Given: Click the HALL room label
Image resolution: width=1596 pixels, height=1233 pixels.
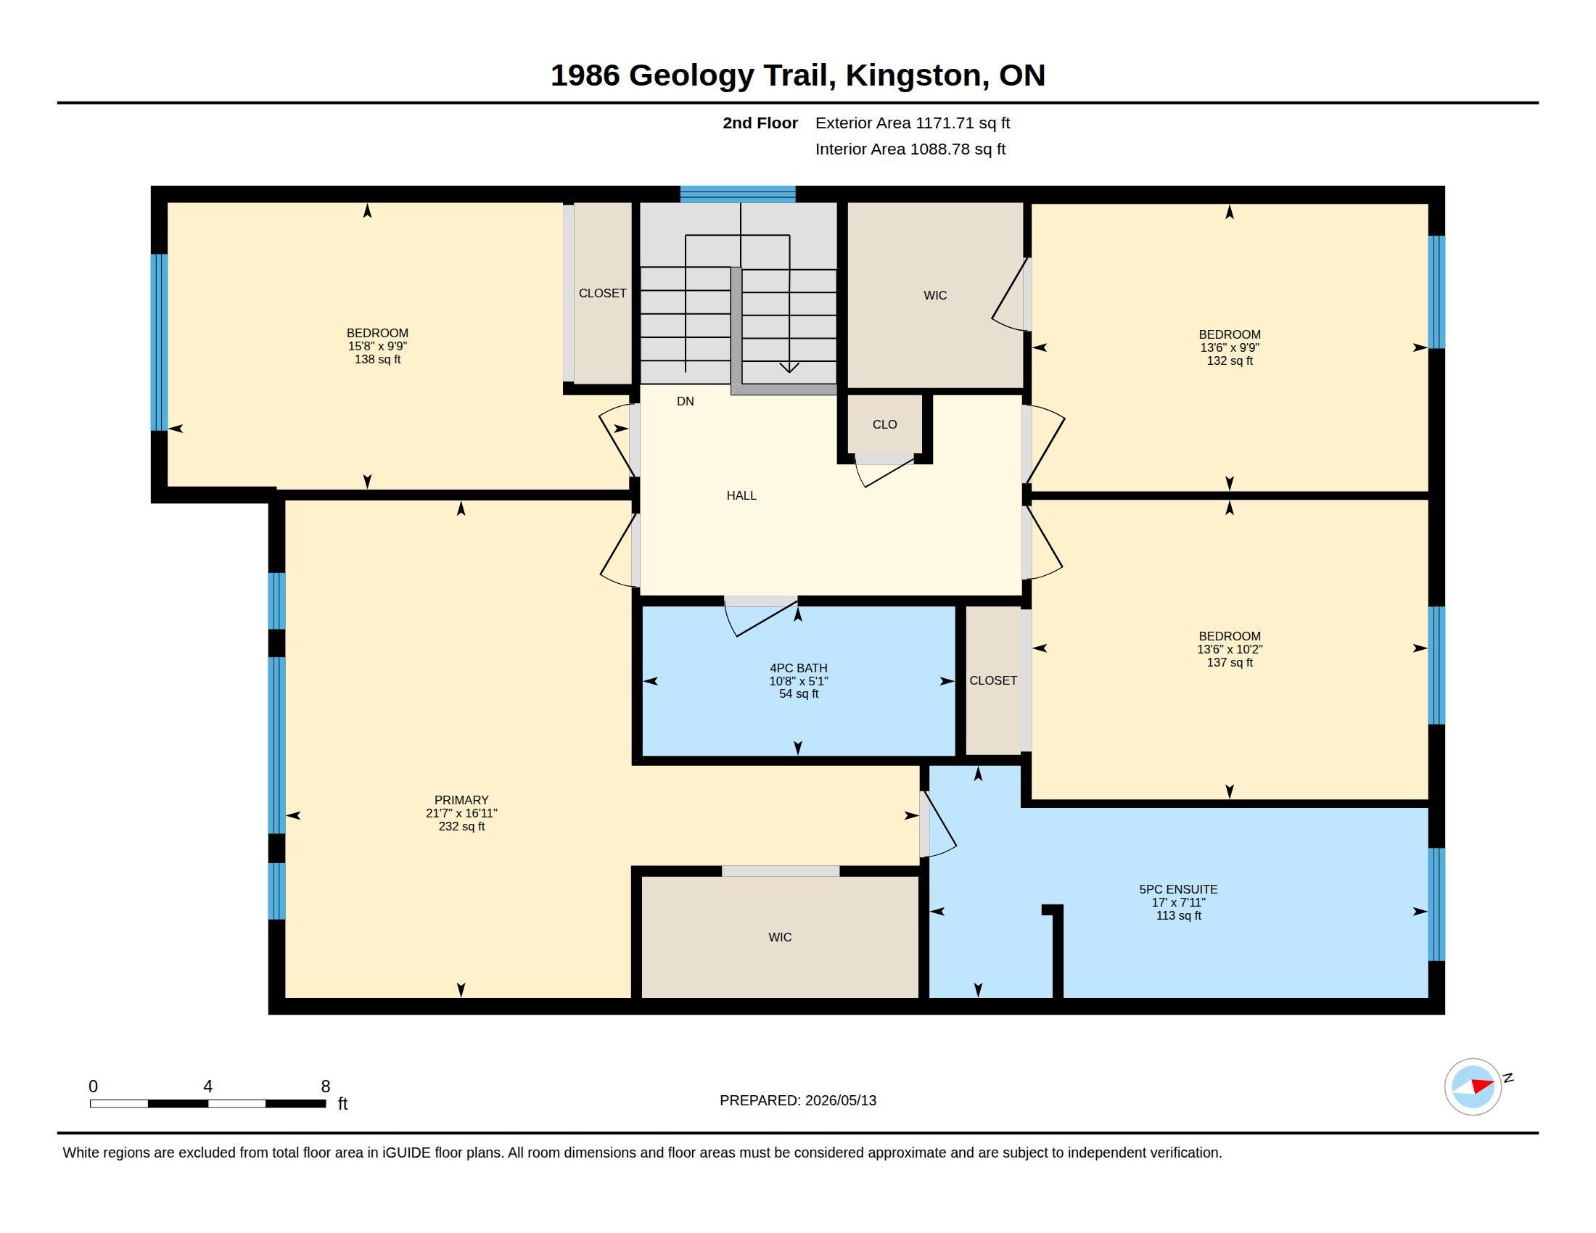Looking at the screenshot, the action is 741,495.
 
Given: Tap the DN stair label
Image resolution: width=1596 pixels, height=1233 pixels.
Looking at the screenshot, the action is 686,401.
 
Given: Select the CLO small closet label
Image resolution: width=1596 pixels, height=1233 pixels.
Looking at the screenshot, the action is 884,424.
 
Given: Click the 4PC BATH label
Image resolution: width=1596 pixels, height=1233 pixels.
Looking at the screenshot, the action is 798,667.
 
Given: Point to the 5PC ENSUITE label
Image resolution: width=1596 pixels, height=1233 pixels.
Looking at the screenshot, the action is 1178,889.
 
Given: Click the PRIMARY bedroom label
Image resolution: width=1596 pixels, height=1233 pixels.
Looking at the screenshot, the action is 461,800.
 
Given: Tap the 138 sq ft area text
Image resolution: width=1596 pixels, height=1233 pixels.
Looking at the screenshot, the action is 377,359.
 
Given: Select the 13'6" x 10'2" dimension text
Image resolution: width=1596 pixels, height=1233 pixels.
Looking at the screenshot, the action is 1229,649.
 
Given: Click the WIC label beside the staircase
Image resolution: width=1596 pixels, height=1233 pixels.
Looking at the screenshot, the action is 934,295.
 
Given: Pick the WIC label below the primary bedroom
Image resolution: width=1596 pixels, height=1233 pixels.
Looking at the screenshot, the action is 780,937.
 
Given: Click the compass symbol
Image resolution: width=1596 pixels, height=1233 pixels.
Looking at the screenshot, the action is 1473,1086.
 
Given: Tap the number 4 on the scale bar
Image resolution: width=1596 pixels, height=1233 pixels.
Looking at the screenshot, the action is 207,1086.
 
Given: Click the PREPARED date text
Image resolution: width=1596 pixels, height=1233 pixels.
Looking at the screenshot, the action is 797,1100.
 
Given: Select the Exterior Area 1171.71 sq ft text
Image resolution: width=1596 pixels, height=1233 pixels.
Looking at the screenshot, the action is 912,123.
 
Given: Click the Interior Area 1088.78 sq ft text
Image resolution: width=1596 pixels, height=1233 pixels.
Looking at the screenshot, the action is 910,149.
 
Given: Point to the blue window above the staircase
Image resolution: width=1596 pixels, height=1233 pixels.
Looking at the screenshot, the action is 737,194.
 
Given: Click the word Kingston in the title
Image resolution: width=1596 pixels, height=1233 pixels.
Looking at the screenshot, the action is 913,76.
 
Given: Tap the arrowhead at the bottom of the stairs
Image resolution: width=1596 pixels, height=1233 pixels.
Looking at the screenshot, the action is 789,368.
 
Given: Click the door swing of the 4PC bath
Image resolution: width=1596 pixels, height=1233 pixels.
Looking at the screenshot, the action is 760,617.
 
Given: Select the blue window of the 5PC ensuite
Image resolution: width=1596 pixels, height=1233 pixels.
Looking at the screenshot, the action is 1436,904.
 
